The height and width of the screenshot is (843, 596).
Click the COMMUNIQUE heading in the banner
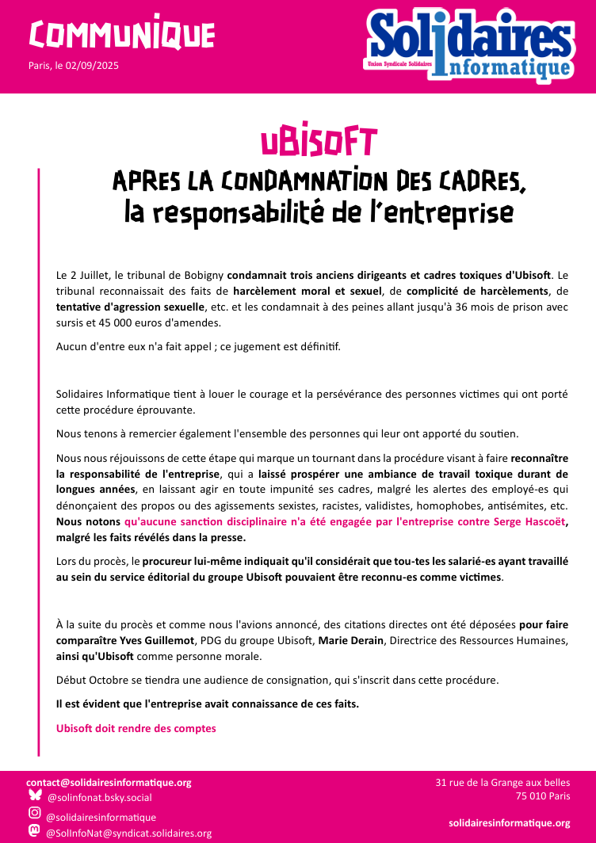point(121,33)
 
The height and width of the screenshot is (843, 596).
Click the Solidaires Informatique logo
point(469,45)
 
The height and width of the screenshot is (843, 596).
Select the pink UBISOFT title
point(319,141)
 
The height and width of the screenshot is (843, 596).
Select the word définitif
point(315,347)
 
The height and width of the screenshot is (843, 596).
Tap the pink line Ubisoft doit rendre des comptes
point(136,728)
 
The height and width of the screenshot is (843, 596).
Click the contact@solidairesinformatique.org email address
point(109,782)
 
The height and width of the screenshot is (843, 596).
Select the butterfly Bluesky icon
point(35,795)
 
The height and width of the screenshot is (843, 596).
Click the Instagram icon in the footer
point(35,814)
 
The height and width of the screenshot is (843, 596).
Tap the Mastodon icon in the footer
point(35,831)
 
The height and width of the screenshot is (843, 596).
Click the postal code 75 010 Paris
point(543,796)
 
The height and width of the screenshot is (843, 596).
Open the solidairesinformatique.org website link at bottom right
point(509,823)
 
